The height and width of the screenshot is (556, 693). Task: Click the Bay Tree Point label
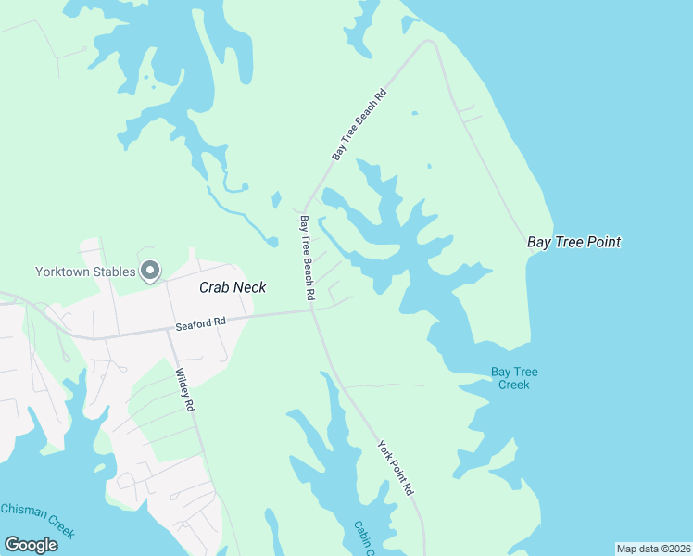coord(573,243)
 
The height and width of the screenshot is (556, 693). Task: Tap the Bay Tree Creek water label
coord(514,378)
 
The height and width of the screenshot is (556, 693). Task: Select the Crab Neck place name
coord(233,287)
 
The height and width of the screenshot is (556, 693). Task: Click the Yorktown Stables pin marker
coord(150,271)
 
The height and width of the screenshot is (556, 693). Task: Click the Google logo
coord(31,545)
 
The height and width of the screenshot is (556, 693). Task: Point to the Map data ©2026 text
coord(653,549)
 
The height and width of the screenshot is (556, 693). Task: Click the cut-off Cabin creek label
coord(362,537)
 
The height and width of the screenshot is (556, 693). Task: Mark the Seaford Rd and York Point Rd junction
coord(313,311)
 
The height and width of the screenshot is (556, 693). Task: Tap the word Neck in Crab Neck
coord(249,287)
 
